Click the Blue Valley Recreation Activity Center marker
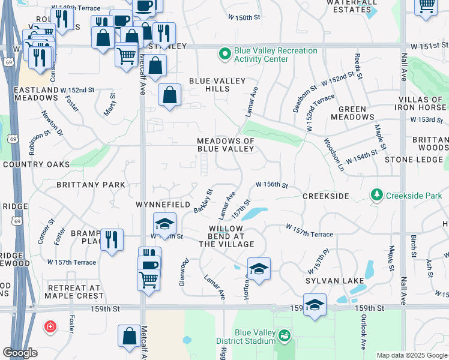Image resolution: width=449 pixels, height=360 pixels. pyautogui.click(x=225, y=55)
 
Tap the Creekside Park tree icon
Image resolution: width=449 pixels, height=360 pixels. pyautogui.click(x=376, y=195)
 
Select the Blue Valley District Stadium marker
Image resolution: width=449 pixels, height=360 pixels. pyautogui.click(x=284, y=337)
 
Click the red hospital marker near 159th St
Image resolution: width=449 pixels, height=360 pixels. pyautogui.click(x=50, y=328)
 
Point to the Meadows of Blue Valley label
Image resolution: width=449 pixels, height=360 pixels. pyautogui.click(x=226, y=145)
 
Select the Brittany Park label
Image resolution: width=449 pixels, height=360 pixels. pyautogui.click(x=91, y=185)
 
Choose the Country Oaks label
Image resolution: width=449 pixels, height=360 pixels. pyautogui.click(x=36, y=164)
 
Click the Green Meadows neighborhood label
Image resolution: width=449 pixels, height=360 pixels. pyautogui.click(x=357, y=113)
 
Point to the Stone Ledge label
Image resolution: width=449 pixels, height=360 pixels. pyautogui.click(x=414, y=160)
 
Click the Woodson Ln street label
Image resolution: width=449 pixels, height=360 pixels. pyautogui.click(x=333, y=154)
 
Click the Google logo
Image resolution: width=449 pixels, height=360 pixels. pyautogui.click(x=20, y=353)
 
